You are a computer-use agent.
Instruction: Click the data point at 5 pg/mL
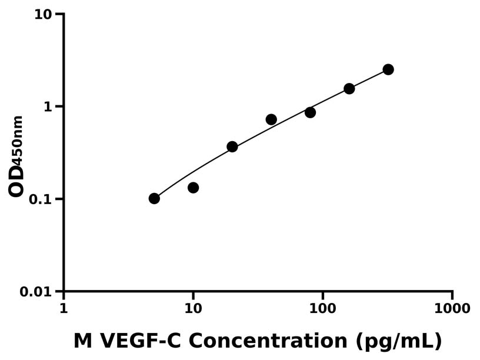click(154, 198)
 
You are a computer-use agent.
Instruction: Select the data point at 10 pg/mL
click(193, 188)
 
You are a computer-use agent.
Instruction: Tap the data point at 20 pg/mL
click(232, 146)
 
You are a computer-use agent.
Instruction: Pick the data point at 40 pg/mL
click(271, 119)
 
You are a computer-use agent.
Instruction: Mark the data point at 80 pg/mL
click(310, 112)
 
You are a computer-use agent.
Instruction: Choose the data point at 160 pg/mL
click(349, 89)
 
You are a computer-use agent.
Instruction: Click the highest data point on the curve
click(388, 69)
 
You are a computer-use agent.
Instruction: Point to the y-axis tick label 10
click(43, 14)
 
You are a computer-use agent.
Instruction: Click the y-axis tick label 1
click(49, 106)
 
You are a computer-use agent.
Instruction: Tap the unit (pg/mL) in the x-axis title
click(399, 342)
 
